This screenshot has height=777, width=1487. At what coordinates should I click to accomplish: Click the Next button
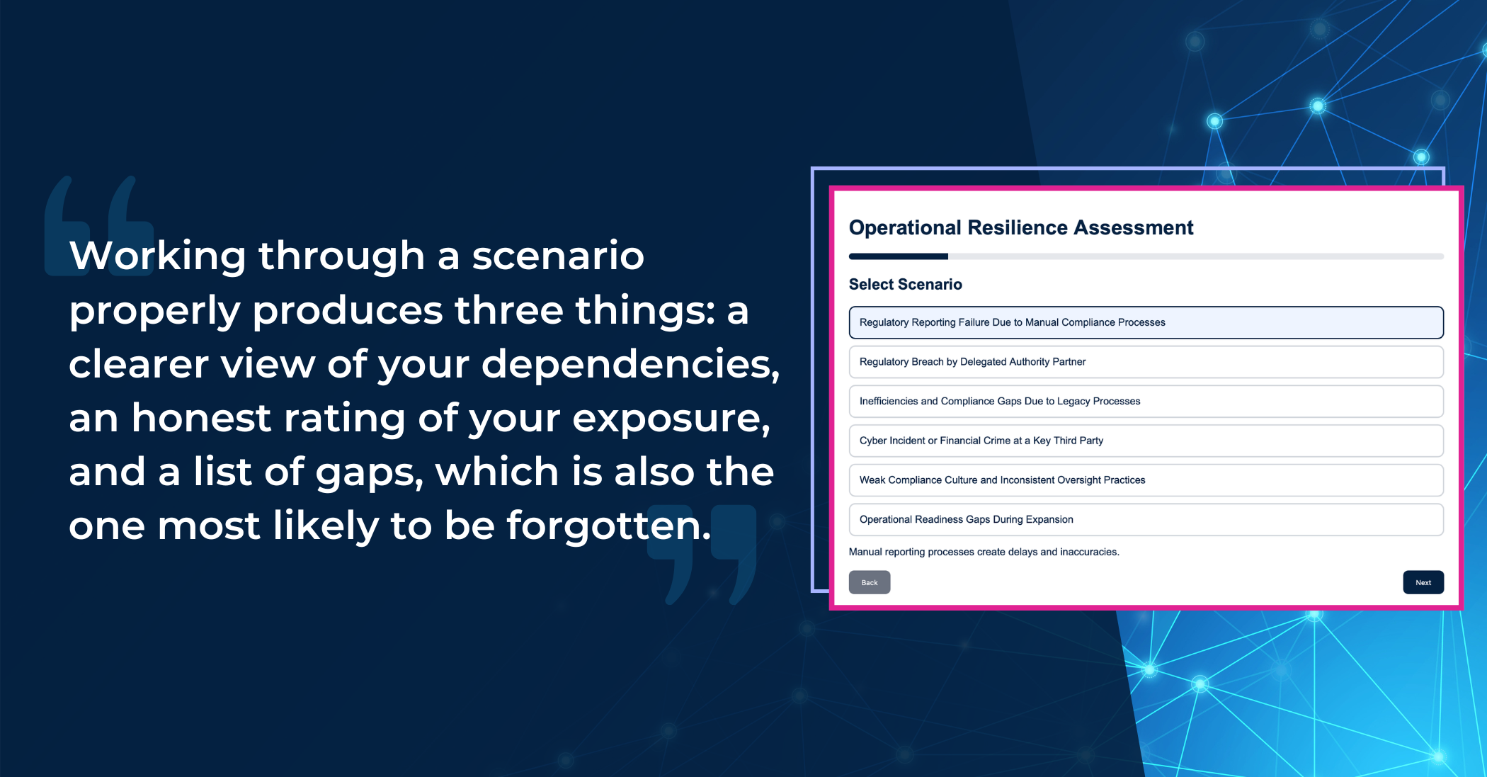click(1423, 582)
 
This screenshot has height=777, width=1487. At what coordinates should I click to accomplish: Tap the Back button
click(870, 582)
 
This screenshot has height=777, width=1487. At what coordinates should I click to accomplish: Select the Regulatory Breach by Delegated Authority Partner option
click(1146, 362)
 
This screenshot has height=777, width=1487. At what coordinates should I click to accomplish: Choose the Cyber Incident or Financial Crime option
click(1146, 441)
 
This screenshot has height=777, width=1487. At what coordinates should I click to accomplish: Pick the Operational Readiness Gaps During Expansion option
click(1146, 519)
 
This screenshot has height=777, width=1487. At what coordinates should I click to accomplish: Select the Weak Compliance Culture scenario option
click(1146, 480)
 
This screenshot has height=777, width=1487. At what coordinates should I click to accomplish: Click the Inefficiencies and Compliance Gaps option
click(1146, 401)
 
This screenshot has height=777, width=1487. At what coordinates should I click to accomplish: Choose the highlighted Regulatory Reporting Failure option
click(1146, 322)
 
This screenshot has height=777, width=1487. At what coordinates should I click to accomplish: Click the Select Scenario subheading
click(906, 284)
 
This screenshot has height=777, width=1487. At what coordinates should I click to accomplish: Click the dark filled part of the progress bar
click(899, 256)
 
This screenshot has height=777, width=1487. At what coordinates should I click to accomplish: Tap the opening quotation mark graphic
click(99, 225)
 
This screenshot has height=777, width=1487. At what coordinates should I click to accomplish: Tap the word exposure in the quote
click(671, 419)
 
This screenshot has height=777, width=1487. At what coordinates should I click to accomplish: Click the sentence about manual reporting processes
click(984, 552)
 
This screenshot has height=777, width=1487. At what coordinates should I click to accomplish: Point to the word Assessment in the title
click(1134, 227)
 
